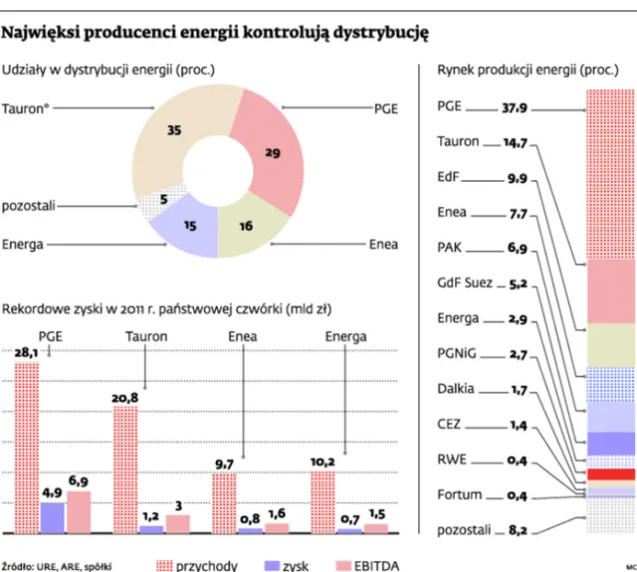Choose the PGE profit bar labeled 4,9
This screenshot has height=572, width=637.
point(53,517)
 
